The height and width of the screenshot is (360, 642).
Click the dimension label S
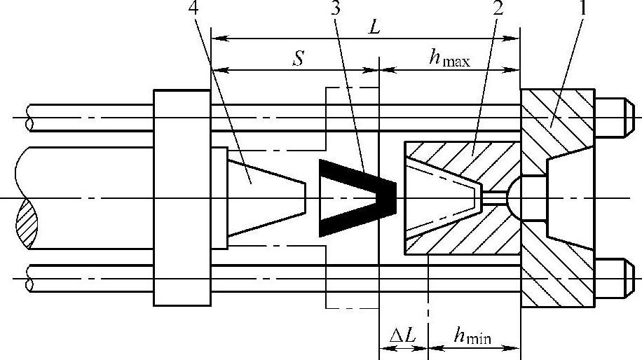click(299, 59)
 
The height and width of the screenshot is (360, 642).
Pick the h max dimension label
click(449, 59)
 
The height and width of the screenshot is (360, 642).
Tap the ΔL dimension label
click(403, 338)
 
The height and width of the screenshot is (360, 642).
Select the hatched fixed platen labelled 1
click(554, 119)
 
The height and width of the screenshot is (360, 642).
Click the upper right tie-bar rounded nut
click(616, 117)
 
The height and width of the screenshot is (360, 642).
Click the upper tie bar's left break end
click(29, 117)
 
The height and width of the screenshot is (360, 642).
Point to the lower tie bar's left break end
click(29, 279)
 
